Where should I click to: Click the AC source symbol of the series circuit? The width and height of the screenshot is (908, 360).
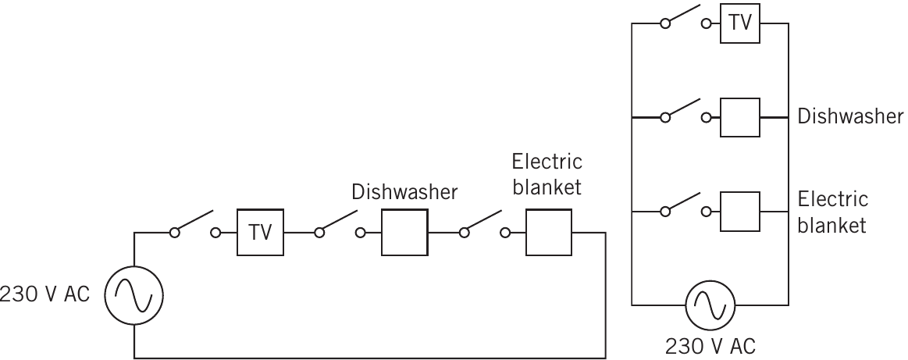[134, 296]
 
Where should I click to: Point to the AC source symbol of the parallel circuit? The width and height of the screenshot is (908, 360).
[710, 305]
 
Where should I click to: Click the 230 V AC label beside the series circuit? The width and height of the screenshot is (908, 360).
[45, 294]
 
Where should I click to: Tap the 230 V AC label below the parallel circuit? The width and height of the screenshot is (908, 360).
[710, 347]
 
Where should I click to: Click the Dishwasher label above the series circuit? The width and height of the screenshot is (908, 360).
[404, 192]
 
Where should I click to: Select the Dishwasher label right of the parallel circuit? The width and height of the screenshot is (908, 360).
[850, 116]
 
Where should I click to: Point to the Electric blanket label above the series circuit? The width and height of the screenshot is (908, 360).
[547, 174]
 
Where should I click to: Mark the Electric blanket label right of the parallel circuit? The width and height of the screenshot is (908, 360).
[833, 212]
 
